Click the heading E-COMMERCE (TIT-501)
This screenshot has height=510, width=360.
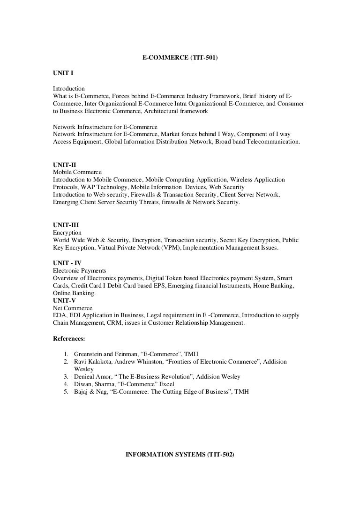(180, 58)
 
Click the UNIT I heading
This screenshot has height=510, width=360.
(63, 73)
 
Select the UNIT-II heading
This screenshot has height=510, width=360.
(64, 165)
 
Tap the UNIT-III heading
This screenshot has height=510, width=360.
(66, 225)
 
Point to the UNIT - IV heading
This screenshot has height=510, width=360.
(67, 263)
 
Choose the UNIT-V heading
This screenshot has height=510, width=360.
(64, 300)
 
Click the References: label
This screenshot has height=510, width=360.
(69, 338)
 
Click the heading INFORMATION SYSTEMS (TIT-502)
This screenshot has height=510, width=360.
(180, 455)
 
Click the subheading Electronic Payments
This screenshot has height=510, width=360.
(79, 270)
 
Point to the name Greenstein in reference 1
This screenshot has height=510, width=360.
(90, 354)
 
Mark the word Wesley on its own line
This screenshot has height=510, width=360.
(83, 369)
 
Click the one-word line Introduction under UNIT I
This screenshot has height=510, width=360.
(69, 88)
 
